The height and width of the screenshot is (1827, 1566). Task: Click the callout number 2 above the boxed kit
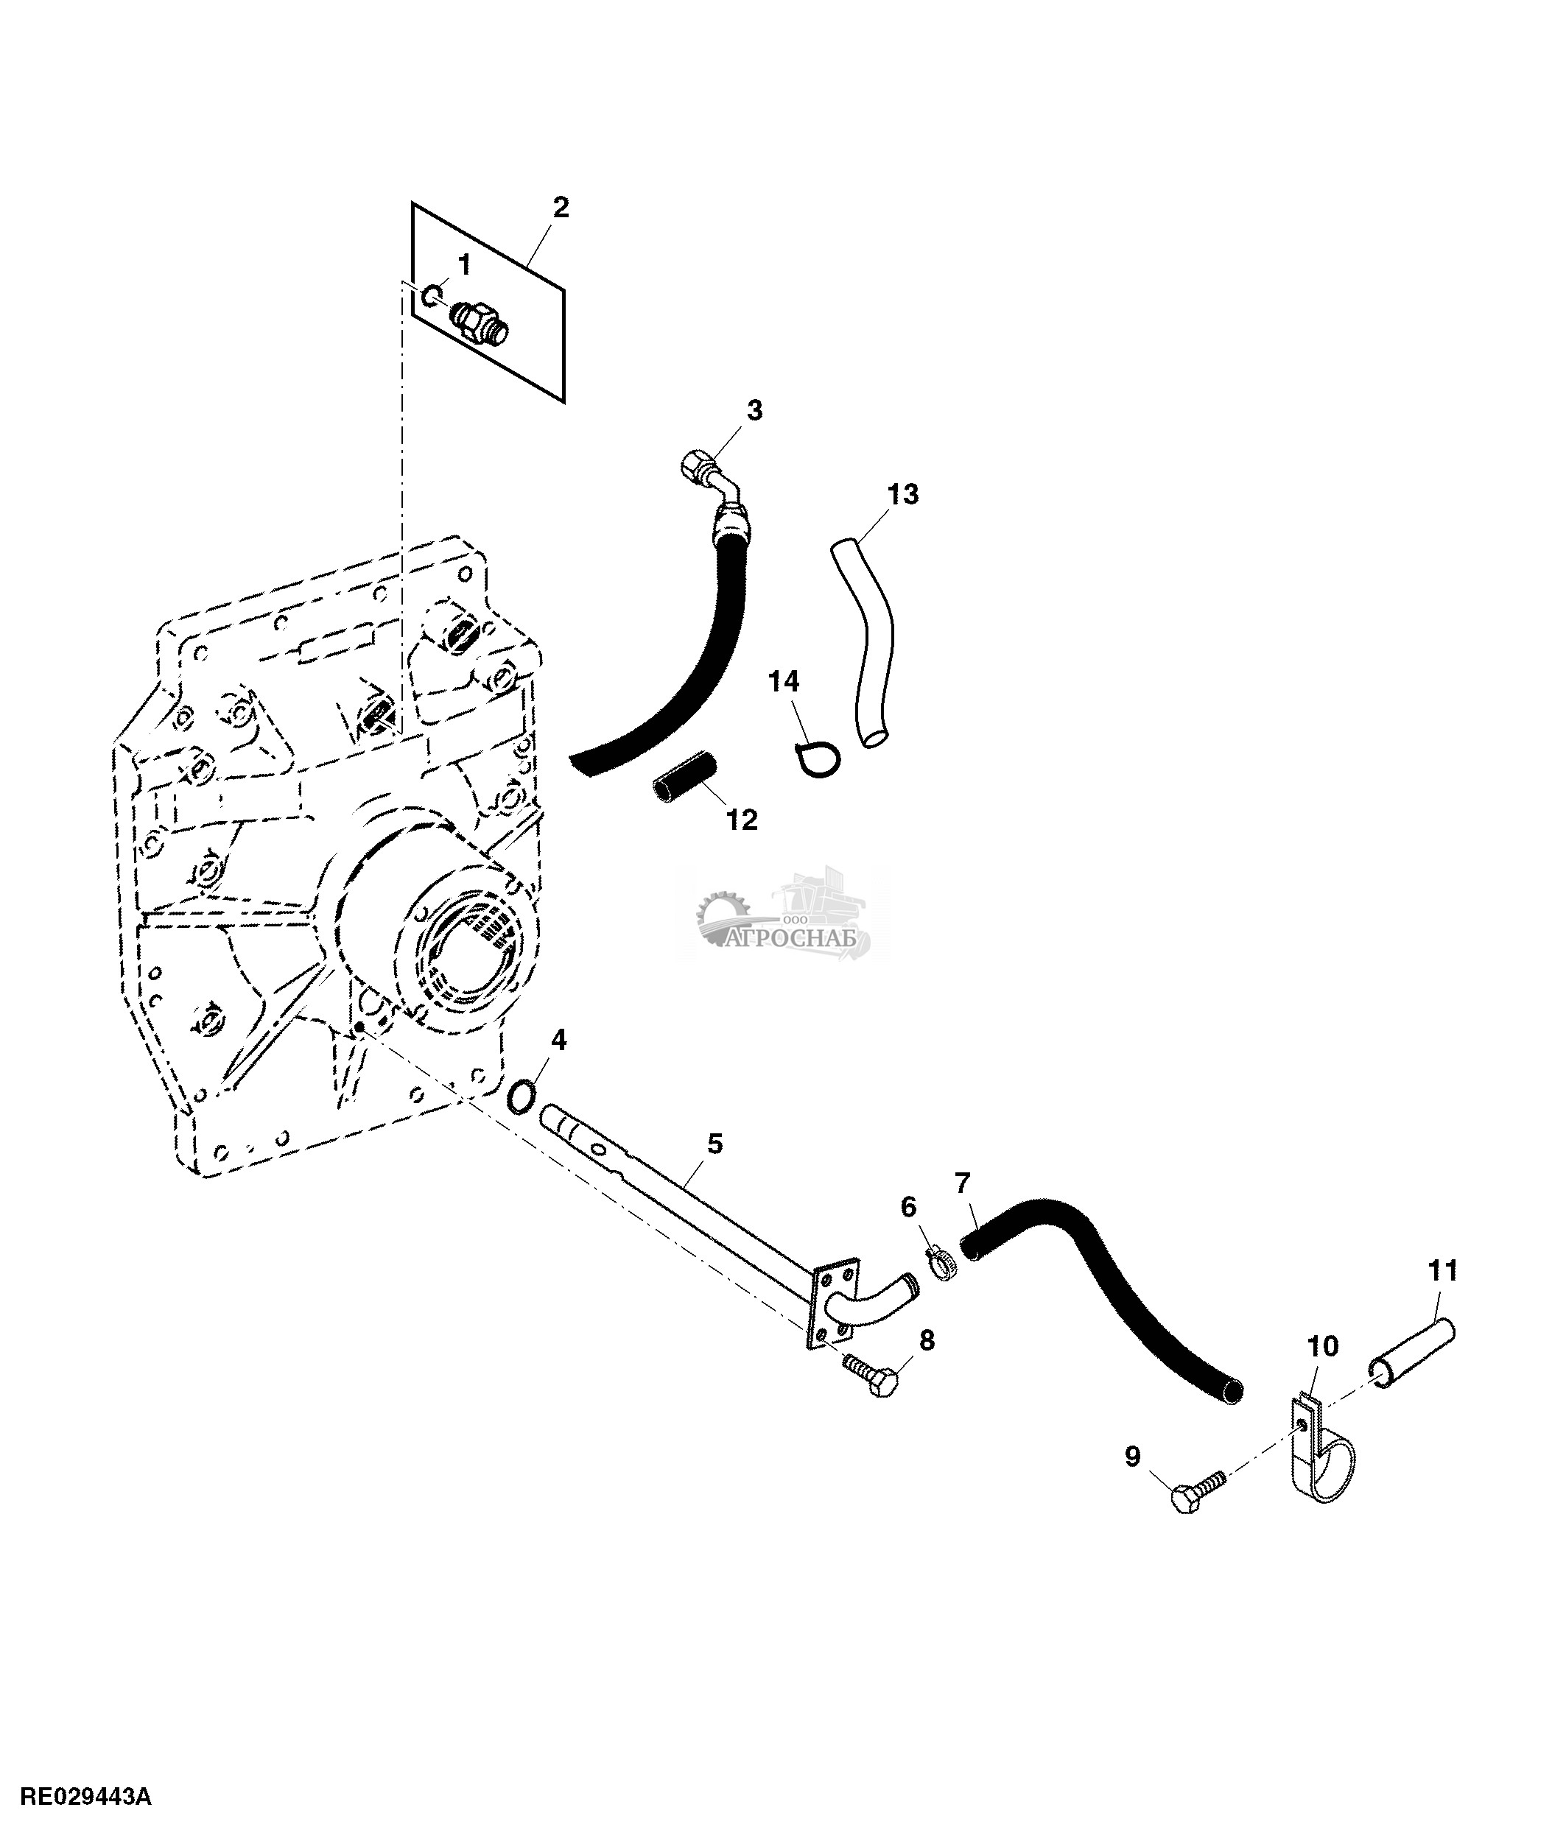tap(561, 208)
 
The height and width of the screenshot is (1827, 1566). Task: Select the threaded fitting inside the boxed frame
tap(480, 323)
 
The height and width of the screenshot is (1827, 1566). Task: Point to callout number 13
tap(902, 495)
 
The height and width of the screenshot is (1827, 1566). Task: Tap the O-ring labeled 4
tap(522, 1096)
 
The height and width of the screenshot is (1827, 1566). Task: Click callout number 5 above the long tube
tap(714, 1144)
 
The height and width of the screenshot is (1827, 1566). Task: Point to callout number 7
tap(962, 1183)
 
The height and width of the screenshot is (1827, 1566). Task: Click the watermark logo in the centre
tap(782, 919)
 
